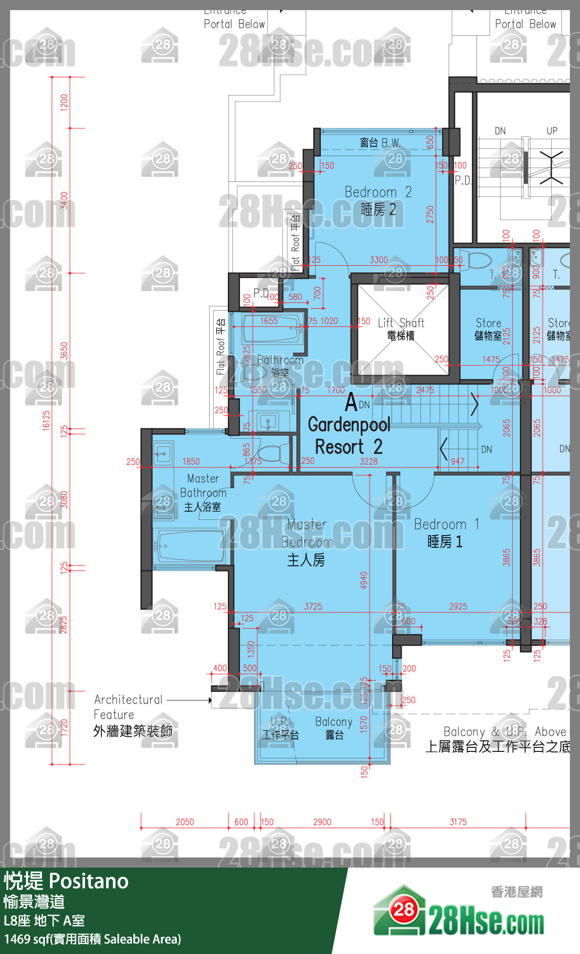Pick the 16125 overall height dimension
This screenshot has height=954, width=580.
46,420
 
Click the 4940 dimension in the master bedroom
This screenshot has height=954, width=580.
364,580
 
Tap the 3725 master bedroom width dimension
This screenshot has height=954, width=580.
313,606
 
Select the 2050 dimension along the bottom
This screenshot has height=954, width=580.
184,822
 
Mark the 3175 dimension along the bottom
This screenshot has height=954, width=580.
458,822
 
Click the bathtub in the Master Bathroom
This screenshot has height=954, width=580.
190,546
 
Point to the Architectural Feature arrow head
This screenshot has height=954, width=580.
210,700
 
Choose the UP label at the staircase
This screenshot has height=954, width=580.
552,131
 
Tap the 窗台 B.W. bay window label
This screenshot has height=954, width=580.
380,143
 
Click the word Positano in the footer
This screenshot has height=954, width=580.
89,882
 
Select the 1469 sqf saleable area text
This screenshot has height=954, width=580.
92,939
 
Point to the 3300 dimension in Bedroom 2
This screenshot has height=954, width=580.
378,260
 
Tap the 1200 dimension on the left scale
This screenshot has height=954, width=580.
64,103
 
